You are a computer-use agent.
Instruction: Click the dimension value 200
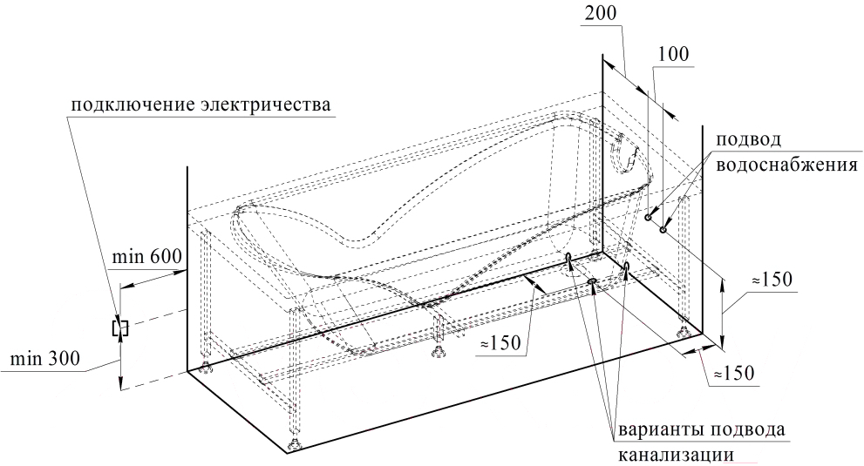[600, 13]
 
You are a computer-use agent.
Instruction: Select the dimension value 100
[673, 54]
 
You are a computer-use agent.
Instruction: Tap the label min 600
[146, 257]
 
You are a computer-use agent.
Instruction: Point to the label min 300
[45, 359]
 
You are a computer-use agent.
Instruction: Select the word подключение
[133, 105]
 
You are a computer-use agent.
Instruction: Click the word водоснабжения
[787, 165]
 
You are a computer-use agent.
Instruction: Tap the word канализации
[676, 455]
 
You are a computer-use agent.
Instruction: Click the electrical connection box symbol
[120, 328]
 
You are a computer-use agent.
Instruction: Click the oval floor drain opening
[593, 282]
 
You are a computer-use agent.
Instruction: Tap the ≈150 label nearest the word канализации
[734, 374]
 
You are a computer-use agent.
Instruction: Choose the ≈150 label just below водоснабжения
[772, 280]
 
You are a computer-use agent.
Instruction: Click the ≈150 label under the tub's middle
[500, 342]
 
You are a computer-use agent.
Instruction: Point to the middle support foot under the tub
[439, 351]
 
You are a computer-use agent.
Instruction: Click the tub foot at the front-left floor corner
[294, 442]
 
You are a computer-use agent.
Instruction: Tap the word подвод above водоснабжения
[748, 139]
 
